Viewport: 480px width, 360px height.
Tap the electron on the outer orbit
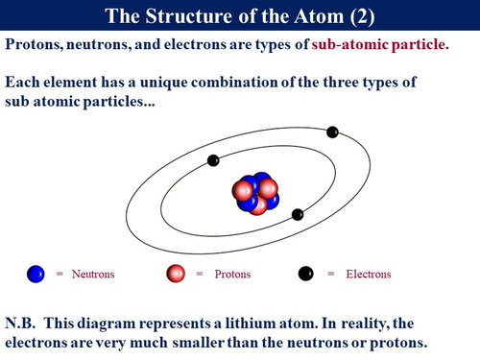point(332,132)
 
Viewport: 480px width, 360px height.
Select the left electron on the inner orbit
point(213,159)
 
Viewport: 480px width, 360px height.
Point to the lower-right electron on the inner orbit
point(298,214)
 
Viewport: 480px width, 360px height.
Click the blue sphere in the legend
point(36,274)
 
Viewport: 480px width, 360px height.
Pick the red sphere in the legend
point(175,274)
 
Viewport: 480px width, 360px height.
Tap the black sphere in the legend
point(306,274)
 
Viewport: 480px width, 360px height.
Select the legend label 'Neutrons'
point(92,274)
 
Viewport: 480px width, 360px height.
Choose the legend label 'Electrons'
point(368,274)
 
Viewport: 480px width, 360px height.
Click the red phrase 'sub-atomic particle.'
point(380,45)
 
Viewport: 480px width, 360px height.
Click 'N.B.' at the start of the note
point(22,324)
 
